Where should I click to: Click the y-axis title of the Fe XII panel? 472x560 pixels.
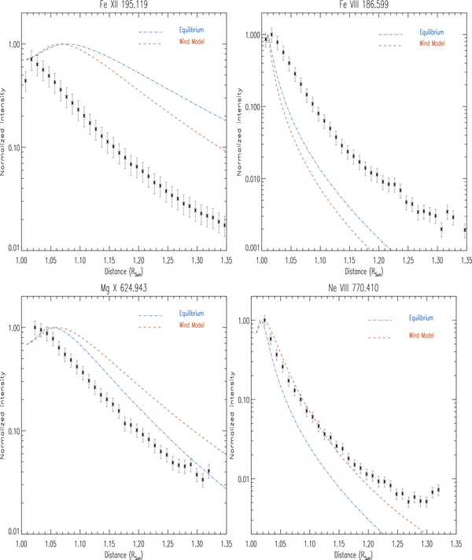point(6,135)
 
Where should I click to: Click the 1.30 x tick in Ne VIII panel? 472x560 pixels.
point(426,543)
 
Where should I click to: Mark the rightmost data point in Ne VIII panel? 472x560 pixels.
point(438,490)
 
